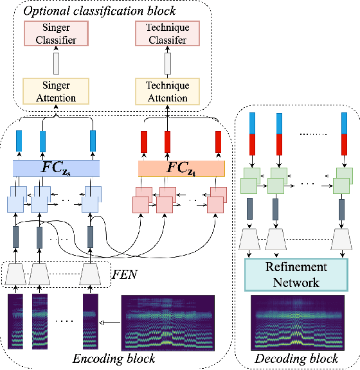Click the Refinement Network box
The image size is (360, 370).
[x=296, y=274]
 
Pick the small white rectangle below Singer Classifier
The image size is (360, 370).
[x=55, y=64]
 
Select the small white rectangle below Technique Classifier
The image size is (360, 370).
[x=167, y=64]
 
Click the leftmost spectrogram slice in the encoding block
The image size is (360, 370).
[x=15, y=321]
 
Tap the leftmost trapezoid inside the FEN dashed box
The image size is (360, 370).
[x=16, y=275]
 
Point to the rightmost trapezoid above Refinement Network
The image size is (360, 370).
[x=341, y=240]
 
